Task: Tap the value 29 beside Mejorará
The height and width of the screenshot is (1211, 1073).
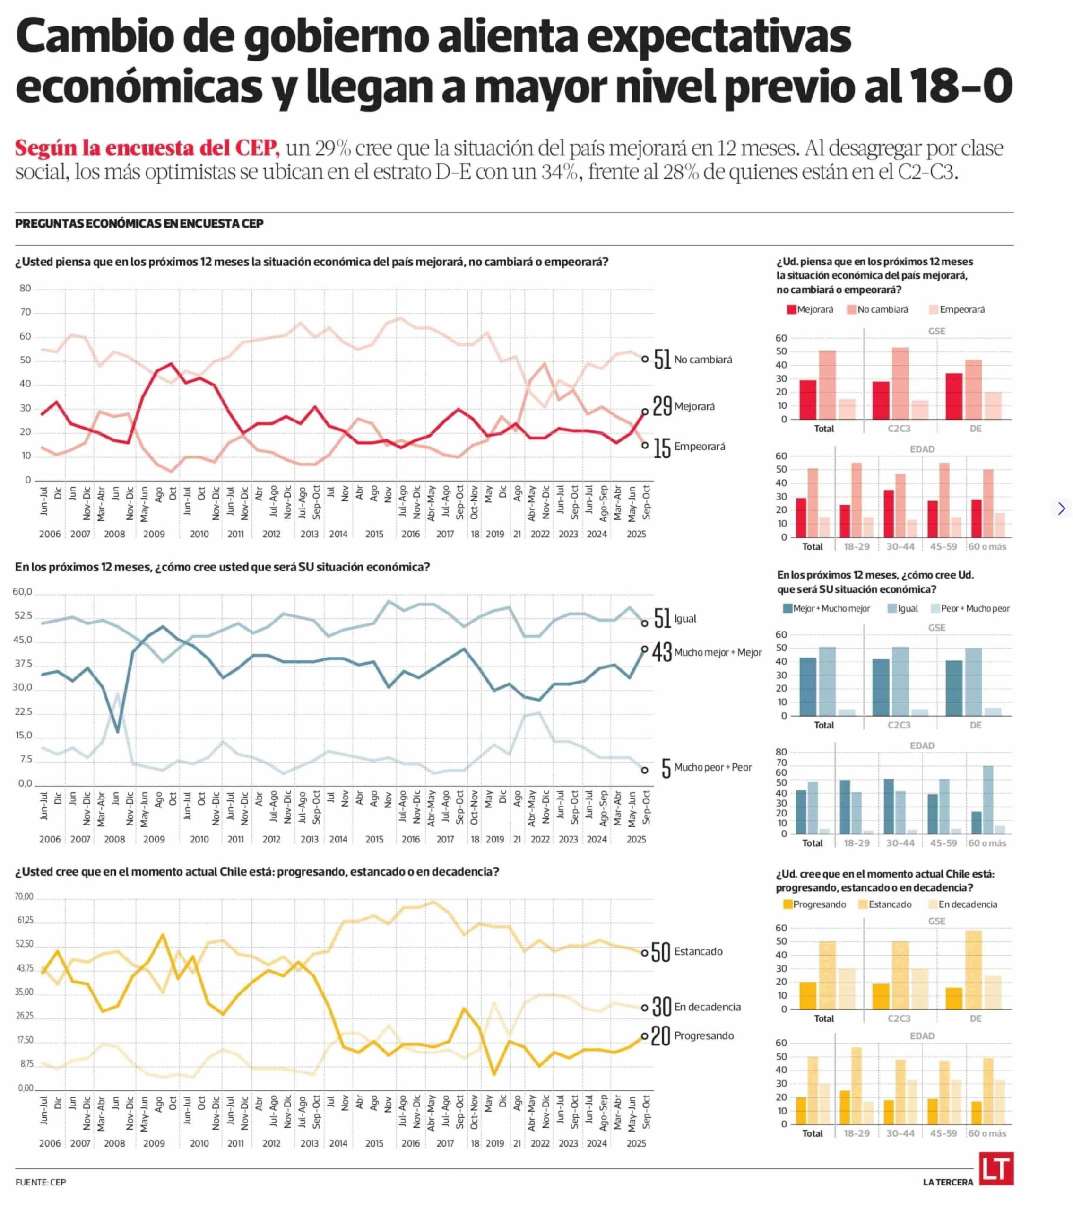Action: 662,406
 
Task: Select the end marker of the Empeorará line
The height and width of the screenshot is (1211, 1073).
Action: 645,445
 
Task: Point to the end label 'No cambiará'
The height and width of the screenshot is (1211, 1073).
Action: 703,360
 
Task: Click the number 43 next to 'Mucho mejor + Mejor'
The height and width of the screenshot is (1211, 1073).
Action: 662,652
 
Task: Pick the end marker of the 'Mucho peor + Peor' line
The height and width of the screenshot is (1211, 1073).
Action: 645,770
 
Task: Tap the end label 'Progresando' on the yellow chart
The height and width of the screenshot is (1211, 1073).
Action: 703,1035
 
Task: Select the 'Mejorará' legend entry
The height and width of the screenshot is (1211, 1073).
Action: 810,309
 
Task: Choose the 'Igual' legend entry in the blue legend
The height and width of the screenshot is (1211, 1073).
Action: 902,608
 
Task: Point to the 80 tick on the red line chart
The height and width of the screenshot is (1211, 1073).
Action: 25,289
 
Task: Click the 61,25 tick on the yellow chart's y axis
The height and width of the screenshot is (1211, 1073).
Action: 25,920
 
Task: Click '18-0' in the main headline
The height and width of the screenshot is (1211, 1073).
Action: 959,85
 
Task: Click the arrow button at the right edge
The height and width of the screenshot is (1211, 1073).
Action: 1061,509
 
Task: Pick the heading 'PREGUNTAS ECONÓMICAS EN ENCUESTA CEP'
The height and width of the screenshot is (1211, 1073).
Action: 139,223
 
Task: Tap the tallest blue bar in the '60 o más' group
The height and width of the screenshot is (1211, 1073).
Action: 988,799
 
